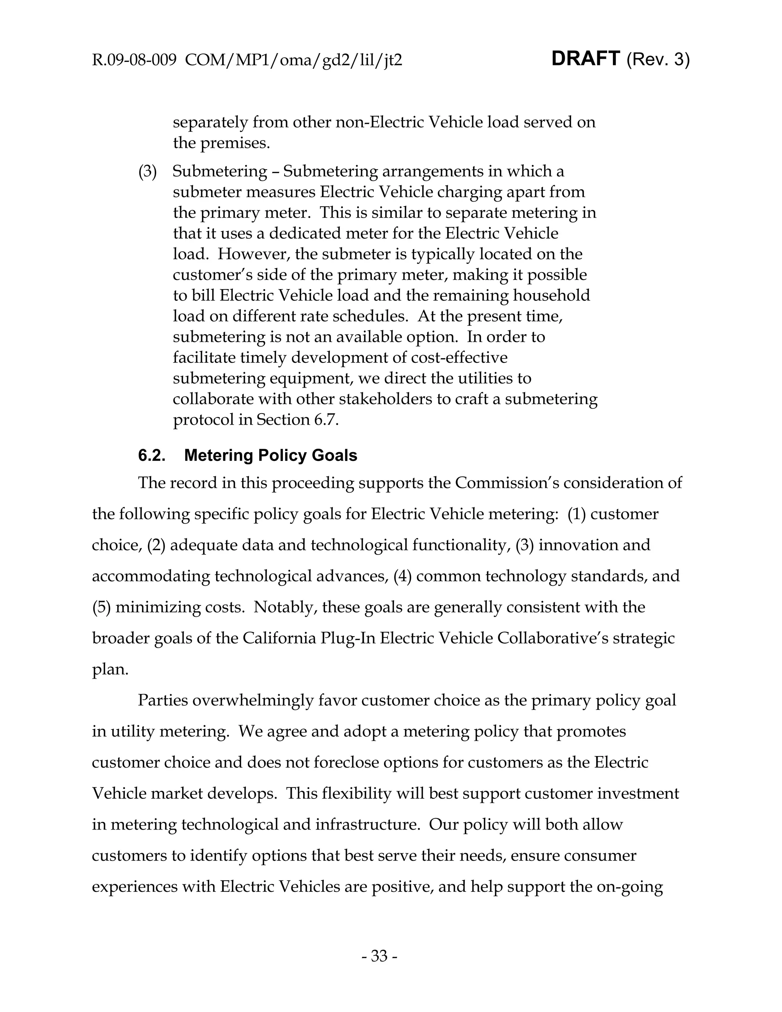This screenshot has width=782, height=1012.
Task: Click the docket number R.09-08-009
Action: pos(134,60)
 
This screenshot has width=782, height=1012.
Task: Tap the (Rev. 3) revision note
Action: pos(658,60)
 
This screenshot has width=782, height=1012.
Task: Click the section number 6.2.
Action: pos(152,456)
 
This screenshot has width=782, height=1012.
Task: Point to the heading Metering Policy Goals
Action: pos(271,456)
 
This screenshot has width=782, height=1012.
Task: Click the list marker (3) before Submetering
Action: pos(148,171)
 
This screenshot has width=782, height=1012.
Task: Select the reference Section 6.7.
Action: pos(297,419)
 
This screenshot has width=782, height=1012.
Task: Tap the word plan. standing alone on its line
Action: pos(110,669)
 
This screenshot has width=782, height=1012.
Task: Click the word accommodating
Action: pos(150,576)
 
